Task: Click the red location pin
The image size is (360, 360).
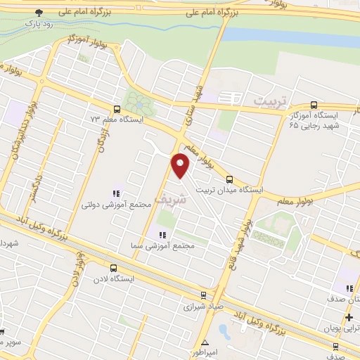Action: (x=181, y=166)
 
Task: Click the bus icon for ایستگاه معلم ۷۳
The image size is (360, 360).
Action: (x=116, y=109)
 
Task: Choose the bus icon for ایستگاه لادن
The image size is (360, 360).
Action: (x=113, y=267)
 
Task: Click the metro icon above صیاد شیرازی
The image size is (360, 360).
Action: (x=203, y=296)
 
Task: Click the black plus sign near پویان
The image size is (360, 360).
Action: (x=349, y=318)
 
